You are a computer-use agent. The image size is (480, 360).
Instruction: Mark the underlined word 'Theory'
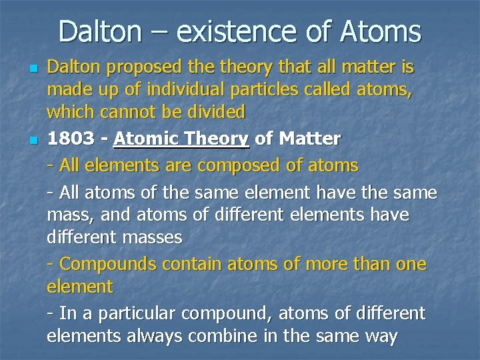pyautogui.click(x=215, y=139)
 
